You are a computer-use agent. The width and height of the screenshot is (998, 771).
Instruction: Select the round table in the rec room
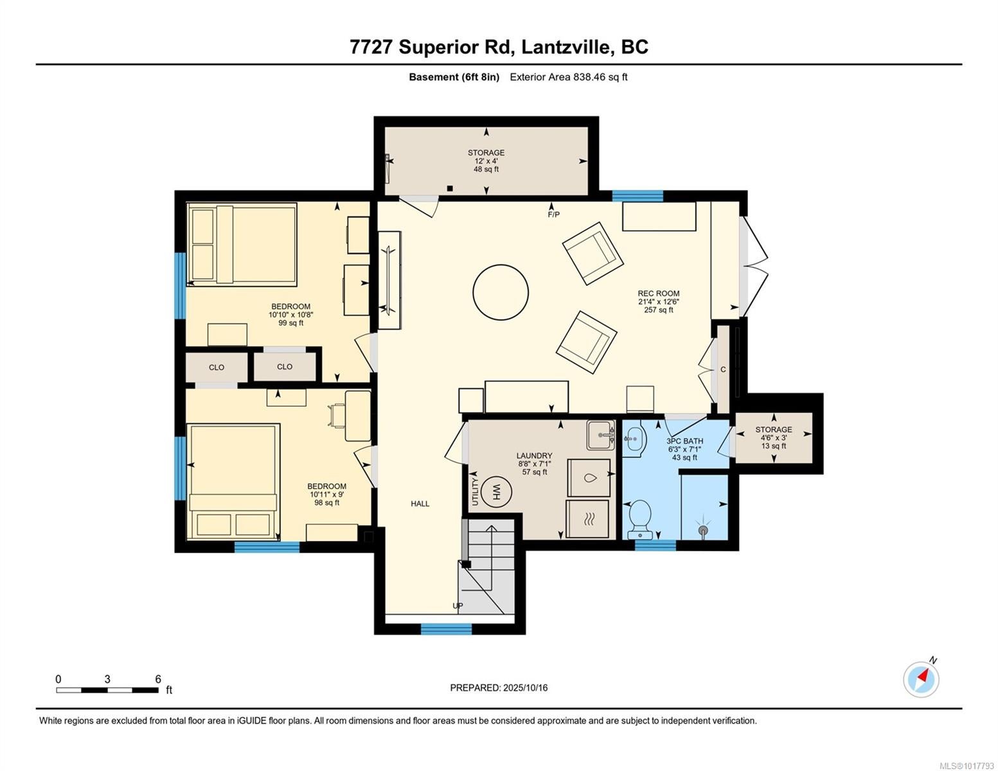(501, 292)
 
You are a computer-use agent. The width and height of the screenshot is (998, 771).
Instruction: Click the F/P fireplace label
(554, 215)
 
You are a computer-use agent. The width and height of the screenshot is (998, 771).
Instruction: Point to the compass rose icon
(921, 679)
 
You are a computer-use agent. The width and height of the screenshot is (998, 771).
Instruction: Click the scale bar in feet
(107, 690)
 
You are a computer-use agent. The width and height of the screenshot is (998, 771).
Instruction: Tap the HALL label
(420, 504)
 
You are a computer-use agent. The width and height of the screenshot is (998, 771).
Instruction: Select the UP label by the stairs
(458, 606)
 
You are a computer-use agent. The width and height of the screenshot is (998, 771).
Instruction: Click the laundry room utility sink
(601, 434)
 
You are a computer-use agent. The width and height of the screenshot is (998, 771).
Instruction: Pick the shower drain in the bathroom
(702, 530)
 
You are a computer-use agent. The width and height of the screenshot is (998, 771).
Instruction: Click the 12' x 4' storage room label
(486, 161)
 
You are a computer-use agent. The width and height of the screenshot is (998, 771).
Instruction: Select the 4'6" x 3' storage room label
(774, 438)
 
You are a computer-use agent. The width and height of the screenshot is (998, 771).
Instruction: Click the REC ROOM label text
(658, 294)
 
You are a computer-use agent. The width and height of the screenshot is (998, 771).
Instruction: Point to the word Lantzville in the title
(567, 48)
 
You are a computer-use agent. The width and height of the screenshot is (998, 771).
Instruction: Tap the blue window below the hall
(447, 628)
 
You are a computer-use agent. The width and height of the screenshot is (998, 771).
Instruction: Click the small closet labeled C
(723, 369)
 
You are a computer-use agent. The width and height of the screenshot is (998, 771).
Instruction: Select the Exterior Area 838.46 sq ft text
(569, 77)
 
